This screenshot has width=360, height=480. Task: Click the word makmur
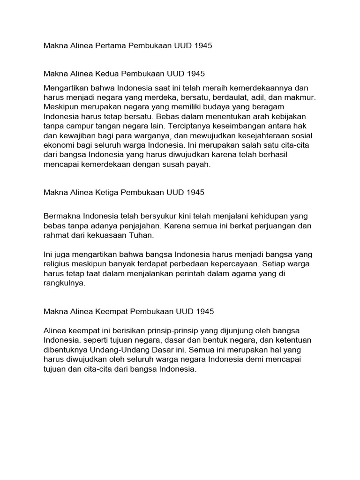(302, 98)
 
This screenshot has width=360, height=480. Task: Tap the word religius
(58, 264)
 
